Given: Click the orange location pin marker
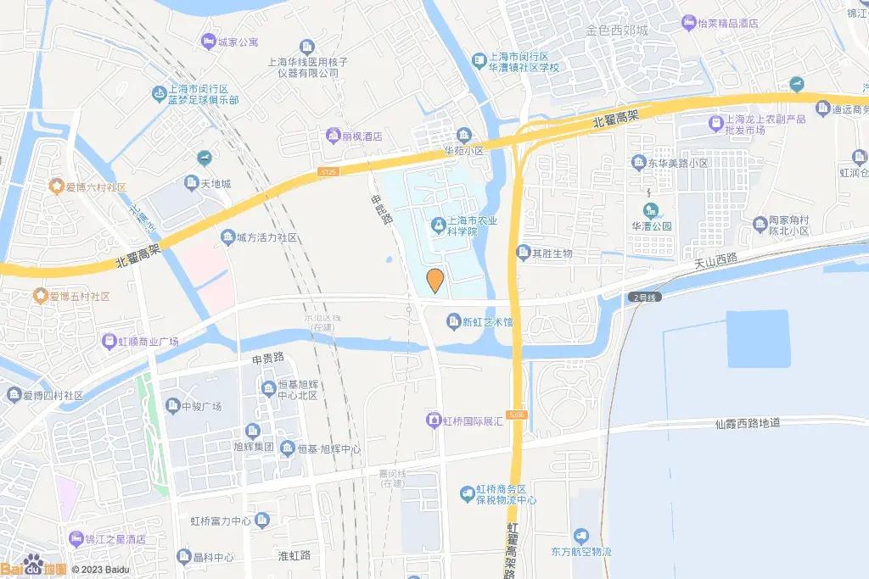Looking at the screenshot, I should pos(434,280).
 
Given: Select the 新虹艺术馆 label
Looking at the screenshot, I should pos(487,321).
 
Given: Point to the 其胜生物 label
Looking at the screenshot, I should pos(552,253).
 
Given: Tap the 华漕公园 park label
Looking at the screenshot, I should pos(651,226).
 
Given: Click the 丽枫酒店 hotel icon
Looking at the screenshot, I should pos(334,136).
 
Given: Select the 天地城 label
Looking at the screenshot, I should pos(215,182).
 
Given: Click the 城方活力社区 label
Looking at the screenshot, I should pos(266,237).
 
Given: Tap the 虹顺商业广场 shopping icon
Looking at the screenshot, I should pos(109,341).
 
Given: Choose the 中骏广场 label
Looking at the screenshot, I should pos(201,406).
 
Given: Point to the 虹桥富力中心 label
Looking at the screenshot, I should pos(220,520).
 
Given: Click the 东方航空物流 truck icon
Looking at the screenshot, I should pos(581,535).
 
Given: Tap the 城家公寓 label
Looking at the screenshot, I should pos(238,41).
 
